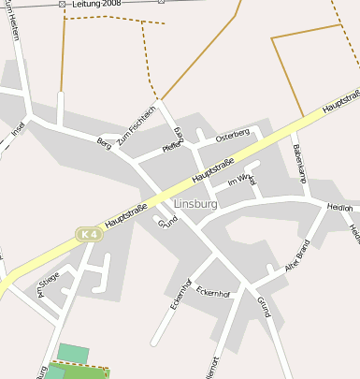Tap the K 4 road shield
(x=89, y=234)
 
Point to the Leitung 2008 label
(x=97, y=5)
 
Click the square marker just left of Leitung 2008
(x=62, y=5)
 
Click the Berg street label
(x=104, y=143)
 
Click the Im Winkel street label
(x=241, y=179)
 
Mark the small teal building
(x=73, y=353)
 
